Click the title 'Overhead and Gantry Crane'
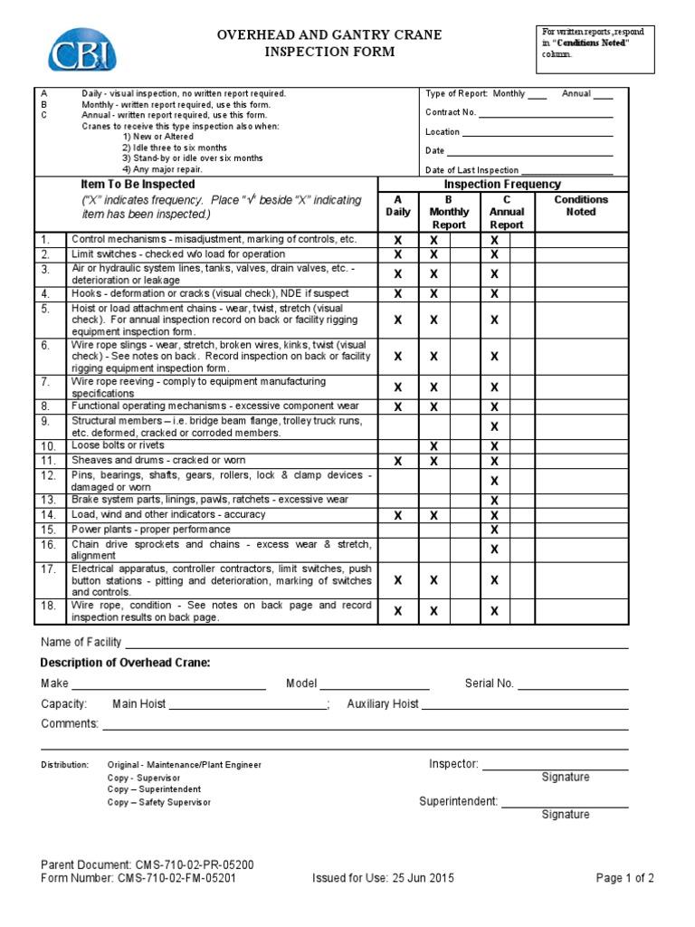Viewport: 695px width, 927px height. (x=329, y=35)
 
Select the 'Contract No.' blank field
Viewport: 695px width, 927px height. (x=545, y=113)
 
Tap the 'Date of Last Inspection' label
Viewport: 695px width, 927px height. (x=471, y=170)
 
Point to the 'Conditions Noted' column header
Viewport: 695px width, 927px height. (x=580, y=205)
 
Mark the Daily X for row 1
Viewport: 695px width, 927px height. (x=396, y=241)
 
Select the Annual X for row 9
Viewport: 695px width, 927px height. (x=494, y=426)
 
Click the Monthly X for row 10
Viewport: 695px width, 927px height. (x=433, y=446)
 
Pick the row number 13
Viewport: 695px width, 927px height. (x=49, y=500)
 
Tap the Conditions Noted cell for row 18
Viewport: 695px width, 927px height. (x=580, y=611)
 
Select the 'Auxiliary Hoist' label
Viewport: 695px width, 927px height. (x=383, y=703)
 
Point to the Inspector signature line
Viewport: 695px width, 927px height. (x=555, y=765)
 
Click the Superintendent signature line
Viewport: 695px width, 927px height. (x=565, y=802)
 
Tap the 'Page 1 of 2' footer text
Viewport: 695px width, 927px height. (x=624, y=878)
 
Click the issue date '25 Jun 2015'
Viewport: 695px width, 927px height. (x=423, y=878)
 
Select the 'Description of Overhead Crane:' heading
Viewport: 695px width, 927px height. (x=126, y=664)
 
